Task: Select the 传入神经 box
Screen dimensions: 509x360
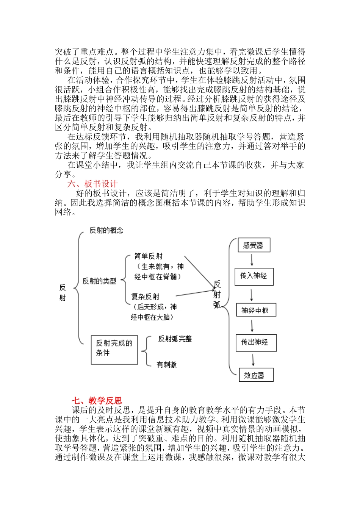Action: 254,276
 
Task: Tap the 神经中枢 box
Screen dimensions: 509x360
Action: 255,310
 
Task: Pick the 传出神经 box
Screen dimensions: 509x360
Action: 256,342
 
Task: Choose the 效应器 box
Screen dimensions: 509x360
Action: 255,375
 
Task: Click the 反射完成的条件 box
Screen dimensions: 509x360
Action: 114,350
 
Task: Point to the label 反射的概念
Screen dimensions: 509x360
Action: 106,230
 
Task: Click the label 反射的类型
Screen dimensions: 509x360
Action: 99,281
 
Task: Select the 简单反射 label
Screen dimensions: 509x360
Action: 149,256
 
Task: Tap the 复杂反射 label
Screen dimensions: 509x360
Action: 146,297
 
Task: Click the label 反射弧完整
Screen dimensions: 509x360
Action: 175,339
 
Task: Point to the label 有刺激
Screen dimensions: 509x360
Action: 167,365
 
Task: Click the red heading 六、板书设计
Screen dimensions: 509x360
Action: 92,184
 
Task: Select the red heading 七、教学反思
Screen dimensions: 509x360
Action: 97,401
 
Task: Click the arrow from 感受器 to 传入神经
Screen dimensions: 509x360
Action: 252,260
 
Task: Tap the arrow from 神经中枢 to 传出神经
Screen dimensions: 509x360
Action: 252,326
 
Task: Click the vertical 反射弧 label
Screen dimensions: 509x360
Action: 217,295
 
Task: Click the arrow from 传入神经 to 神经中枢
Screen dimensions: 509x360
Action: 252,295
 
